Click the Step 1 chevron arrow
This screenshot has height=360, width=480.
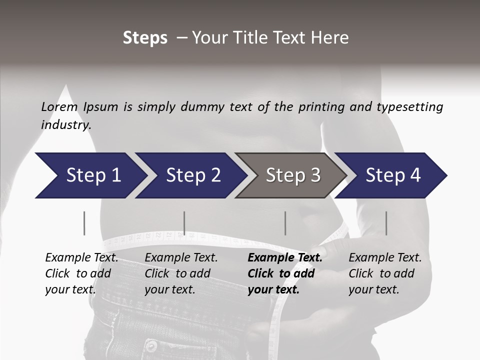90,175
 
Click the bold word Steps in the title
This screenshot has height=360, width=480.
145,38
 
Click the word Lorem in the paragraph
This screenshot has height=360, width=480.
58,107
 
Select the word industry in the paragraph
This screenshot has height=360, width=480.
65,125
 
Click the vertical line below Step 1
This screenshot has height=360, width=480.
84,223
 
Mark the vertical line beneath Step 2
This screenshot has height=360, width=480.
184,223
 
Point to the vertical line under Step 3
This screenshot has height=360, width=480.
285,223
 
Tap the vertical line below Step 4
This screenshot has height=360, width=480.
386,223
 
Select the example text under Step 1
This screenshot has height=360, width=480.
81,273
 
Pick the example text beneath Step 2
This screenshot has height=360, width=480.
181,273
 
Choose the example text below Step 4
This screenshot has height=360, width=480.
385,273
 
